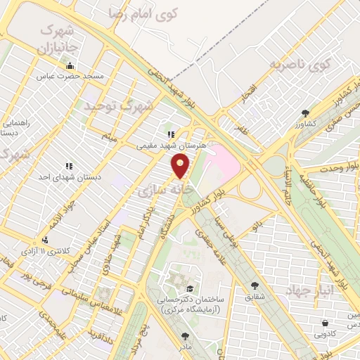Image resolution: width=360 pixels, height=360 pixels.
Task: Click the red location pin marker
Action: (x=181, y=166)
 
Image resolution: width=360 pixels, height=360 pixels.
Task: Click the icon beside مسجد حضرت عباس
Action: (x=70, y=67)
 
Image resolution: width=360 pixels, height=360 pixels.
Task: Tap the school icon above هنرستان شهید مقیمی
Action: (x=169, y=134)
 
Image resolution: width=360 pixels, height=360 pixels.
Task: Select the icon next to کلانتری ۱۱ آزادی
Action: (x=46, y=240)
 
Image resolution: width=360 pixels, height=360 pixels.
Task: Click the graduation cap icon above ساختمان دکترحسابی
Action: (x=188, y=289)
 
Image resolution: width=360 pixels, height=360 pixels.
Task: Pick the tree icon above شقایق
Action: (x=254, y=285)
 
